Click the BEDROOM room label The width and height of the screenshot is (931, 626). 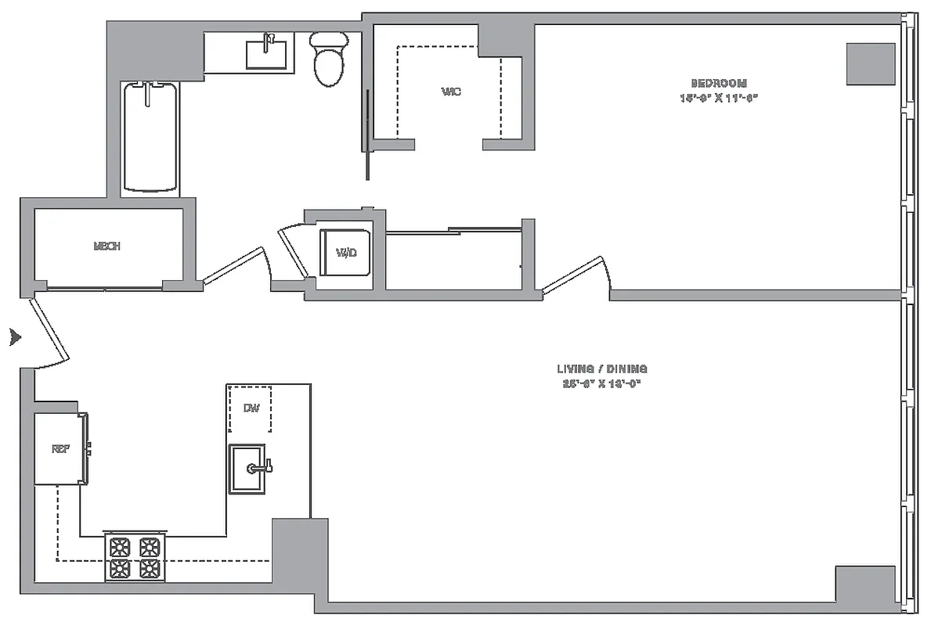(x=718, y=83)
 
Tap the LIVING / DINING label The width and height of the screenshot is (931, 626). (x=602, y=369)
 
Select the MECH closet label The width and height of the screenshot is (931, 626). (x=106, y=246)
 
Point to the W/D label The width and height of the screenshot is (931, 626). (x=346, y=253)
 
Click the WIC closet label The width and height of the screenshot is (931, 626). (x=451, y=92)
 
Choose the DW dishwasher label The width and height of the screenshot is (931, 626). (x=251, y=408)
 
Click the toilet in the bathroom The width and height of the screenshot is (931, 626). (x=327, y=59)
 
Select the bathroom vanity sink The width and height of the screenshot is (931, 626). (x=266, y=54)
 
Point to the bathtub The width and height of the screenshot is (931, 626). (x=150, y=137)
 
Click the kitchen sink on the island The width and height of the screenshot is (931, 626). (x=247, y=468)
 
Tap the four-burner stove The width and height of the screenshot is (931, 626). (x=133, y=557)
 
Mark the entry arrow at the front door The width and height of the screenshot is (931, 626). (x=14, y=338)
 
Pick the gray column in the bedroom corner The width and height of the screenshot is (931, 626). (x=870, y=64)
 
